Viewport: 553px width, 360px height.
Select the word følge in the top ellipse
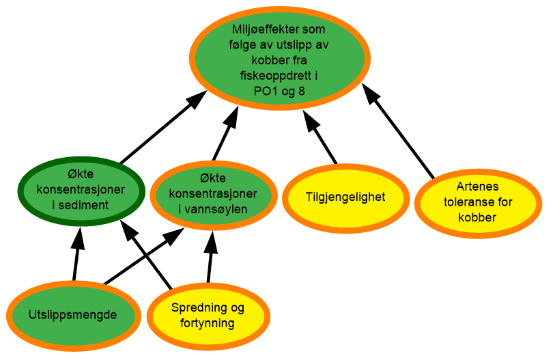point(244,46)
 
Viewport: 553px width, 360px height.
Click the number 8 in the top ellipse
point(301,91)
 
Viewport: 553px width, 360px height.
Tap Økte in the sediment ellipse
point(81,174)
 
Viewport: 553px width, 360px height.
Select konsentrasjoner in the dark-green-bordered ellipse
point(81,189)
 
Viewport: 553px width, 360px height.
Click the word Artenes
point(477,186)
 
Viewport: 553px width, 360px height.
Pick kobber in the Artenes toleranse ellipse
point(477,217)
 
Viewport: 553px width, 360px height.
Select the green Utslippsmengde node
point(73,316)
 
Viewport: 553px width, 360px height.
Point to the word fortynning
point(208,323)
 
